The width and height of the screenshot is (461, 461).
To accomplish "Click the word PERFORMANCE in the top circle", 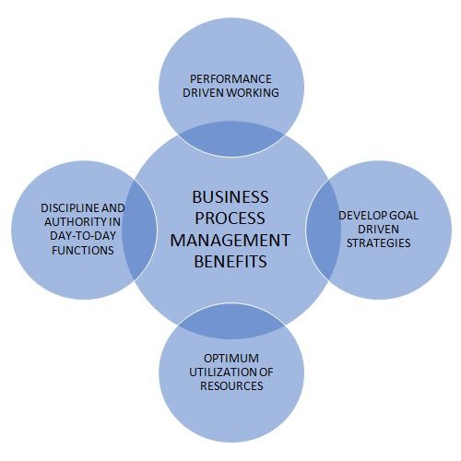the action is point(230,79).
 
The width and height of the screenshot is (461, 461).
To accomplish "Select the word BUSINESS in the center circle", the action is point(230,197).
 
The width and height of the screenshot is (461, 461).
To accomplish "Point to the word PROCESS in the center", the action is point(230,219).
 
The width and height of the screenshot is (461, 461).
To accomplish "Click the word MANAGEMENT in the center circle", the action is point(230,240).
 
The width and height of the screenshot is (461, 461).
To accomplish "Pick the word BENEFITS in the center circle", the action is point(230,262).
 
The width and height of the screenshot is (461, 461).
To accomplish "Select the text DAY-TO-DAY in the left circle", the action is point(83,236).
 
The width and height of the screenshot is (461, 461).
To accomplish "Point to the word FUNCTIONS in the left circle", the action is point(83,250).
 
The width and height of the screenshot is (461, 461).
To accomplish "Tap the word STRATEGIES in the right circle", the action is point(379,242).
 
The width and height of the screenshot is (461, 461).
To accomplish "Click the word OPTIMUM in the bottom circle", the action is point(231,359).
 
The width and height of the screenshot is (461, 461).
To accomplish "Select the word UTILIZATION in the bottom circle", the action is point(220,372).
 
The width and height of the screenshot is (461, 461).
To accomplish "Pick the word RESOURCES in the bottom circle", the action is point(231,385).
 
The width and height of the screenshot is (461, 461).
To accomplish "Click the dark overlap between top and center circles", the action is point(231,139).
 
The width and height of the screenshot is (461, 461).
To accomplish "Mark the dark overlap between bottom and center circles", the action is point(231,321).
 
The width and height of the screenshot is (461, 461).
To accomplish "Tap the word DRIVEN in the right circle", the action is point(378,229).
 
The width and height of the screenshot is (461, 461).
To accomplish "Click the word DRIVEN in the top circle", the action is point(203,92).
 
